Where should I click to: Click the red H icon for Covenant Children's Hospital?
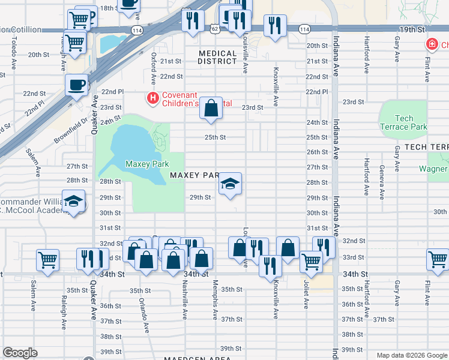click(153, 97)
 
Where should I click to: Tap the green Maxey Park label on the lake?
click(146, 164)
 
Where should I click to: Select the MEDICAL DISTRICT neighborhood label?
click(217, 57)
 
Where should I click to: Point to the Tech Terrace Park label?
click(403, 123)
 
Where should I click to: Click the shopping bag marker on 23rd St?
click(211, 109)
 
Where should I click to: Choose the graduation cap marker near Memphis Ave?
click(229, 184)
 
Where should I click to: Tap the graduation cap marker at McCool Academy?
click(73, 202)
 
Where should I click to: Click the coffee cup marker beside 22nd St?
click(77, 85)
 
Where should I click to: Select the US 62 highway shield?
click(214, 28)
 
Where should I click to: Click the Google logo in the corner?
click(20, 353)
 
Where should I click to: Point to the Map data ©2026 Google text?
click(411, 355)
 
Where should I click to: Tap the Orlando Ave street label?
click(143, 314)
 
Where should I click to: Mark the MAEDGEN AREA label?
click(197, 358)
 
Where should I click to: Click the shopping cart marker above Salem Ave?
click(47, 260)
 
